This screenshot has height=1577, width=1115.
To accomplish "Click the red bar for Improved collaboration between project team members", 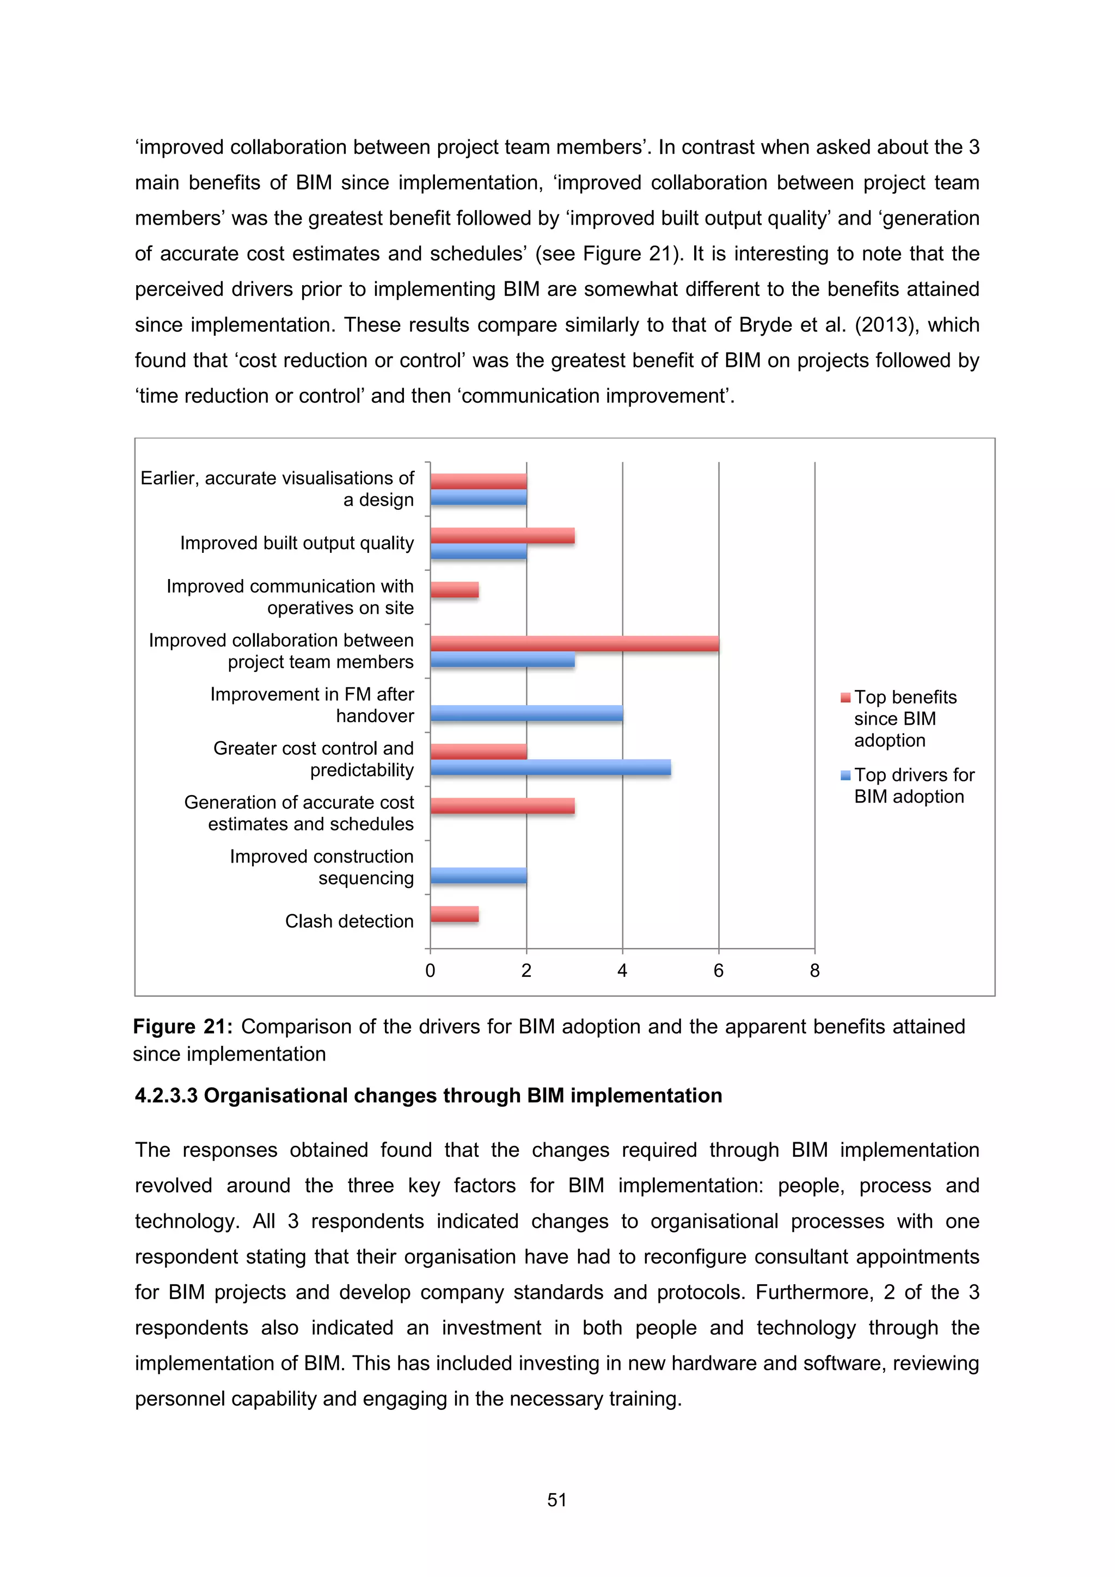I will pos(574,644).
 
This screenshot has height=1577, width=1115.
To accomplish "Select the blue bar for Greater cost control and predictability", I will pos(550,768).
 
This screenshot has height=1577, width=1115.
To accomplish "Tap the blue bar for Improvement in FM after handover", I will pos(526,713).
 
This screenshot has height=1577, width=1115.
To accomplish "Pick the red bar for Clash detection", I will pos(454,914).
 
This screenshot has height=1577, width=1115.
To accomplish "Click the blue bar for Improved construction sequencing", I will pos(478,876).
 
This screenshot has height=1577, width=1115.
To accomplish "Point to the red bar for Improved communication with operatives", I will pos(454,589).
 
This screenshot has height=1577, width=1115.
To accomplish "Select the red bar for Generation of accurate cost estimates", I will pos(502,806).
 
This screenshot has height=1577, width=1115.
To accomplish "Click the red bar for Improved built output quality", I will pos(502,536).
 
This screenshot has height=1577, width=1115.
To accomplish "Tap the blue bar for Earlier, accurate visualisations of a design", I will pos(478,497).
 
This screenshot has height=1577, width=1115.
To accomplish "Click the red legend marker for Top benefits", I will pos(846,698).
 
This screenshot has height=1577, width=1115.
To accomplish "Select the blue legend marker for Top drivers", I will pos(846,775).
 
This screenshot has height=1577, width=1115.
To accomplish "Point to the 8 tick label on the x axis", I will pos(815,970).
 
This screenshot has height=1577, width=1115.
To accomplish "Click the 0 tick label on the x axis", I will pos(430,970).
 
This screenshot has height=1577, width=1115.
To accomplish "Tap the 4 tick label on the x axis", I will pos(622,970).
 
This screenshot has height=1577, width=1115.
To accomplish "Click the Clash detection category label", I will pos(349,921).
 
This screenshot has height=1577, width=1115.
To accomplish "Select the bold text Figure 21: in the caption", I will pos(182,1026).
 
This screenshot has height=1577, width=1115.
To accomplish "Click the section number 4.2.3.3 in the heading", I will pos(166,1095).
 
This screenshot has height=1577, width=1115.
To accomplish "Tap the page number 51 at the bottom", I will pos(556,1500).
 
